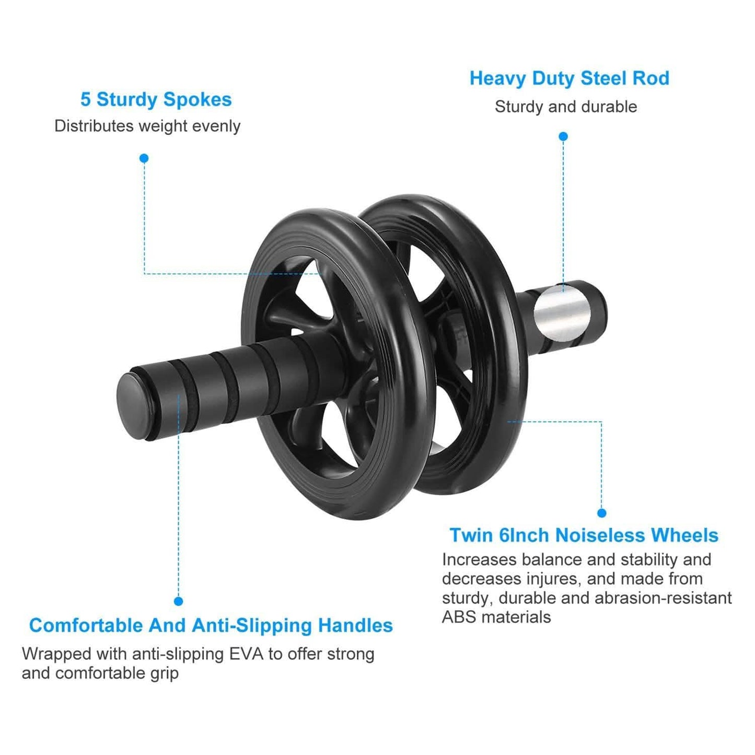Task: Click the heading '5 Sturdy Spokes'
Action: point(156,99)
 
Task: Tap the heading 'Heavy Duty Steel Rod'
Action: point(569,78)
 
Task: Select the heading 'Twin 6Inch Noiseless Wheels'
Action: point(584,535)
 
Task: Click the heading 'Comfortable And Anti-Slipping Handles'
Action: point(211,625)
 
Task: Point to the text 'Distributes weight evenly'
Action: point(147,126)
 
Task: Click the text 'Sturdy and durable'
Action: point(565,107)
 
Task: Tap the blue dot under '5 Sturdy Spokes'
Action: point(144,158)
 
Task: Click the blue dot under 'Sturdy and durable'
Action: point(563,136)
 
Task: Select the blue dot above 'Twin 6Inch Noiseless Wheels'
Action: point(601,513)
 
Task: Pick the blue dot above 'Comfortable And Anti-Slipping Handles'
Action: point(178,601)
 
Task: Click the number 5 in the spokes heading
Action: point(85,99)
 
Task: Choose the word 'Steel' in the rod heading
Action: point(604,78)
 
